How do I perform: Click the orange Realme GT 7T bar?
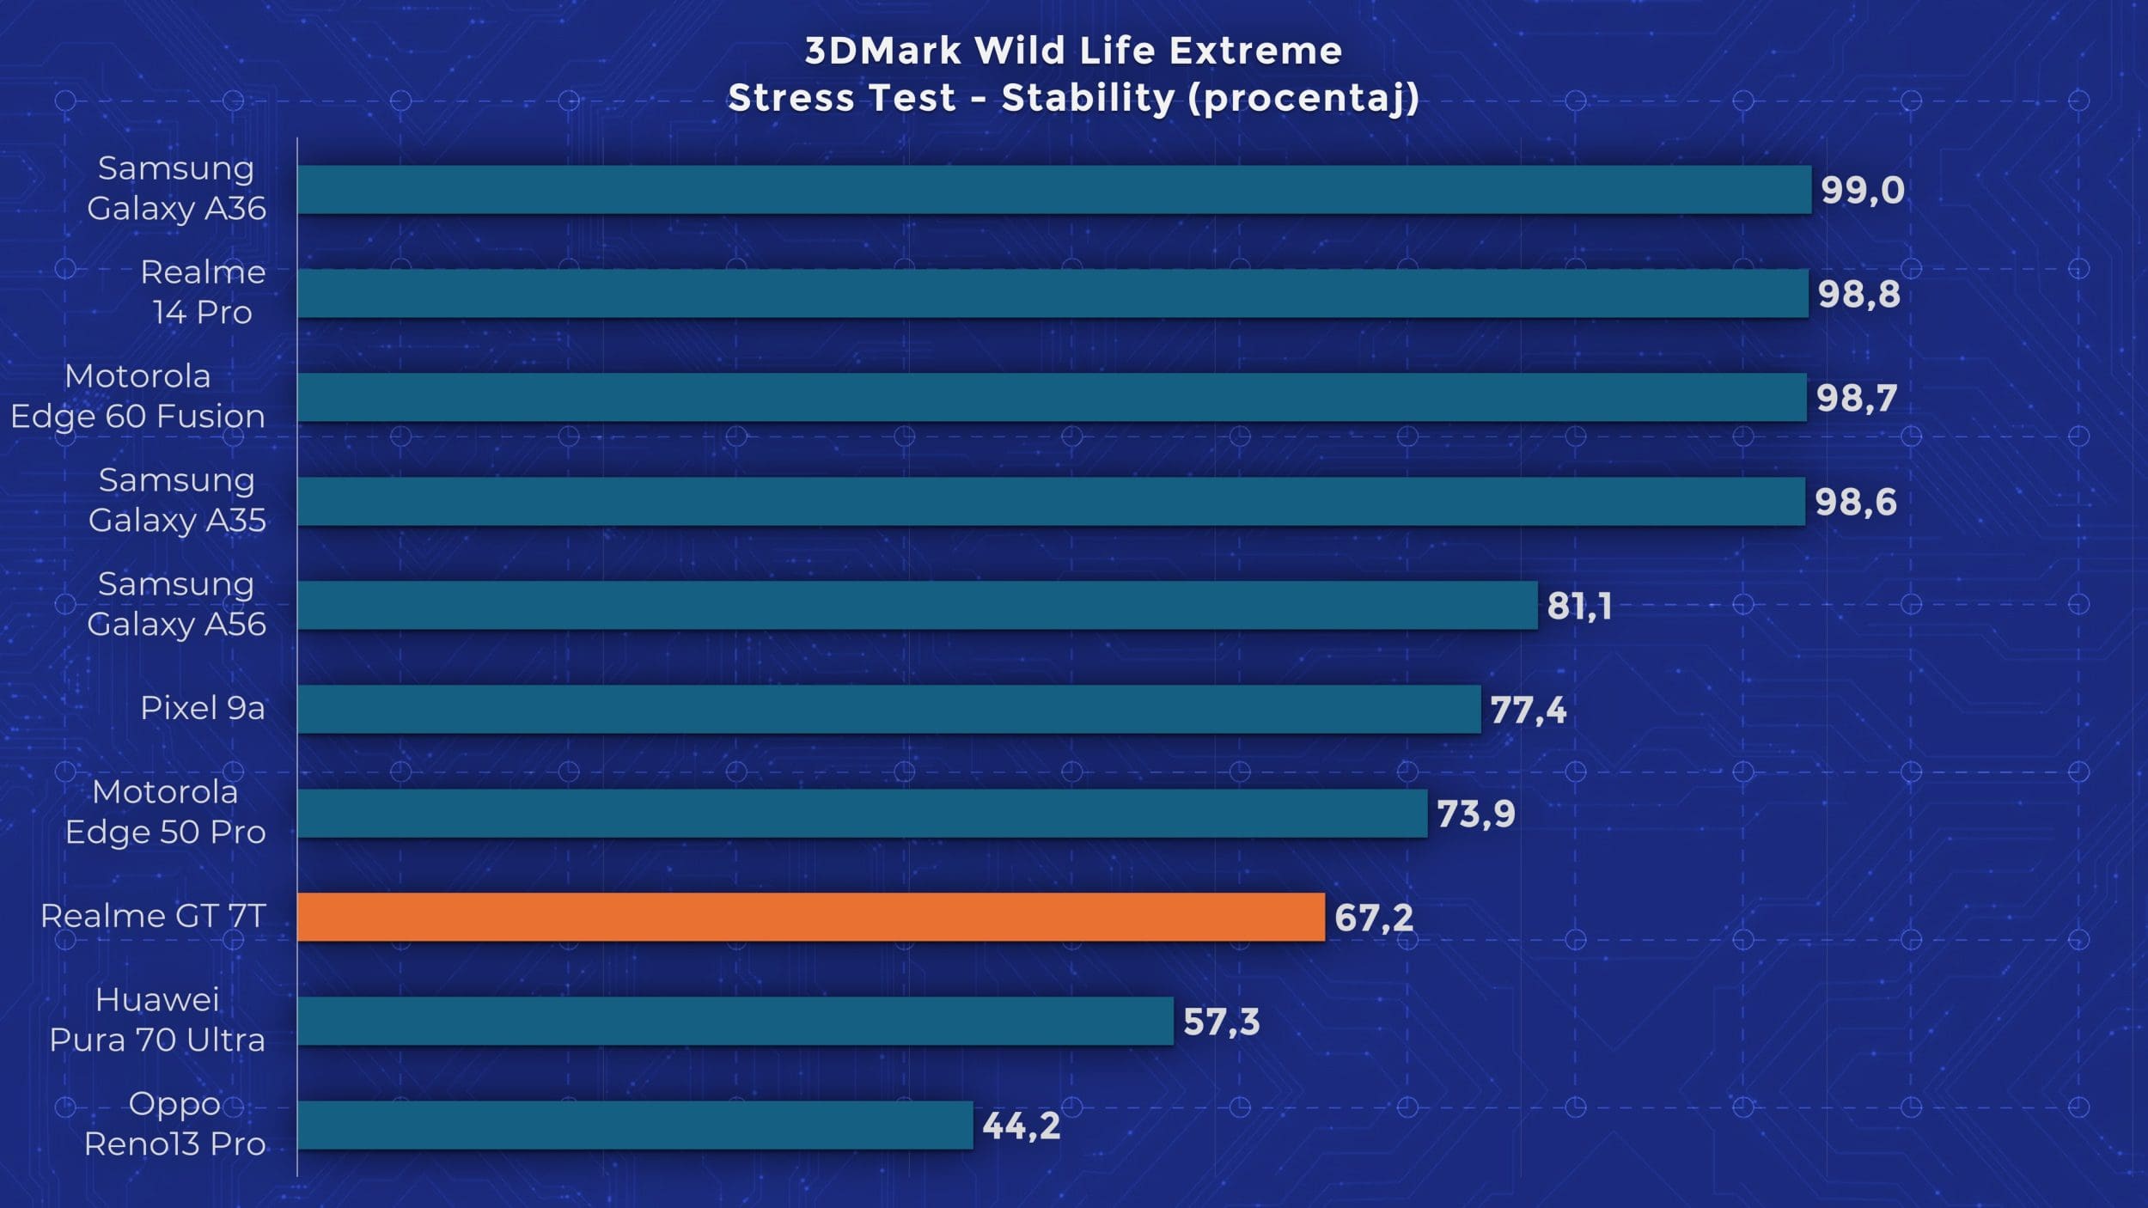pyautogui.click(x=810, y=917)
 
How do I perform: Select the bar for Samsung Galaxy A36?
pyautogui.click(x=1053, y=189)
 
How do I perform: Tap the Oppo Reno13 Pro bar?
pyautogui.click(x=635, y=1125)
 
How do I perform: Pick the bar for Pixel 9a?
pyautogui.click(x=888, y=709)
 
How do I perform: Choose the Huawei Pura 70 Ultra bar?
pyautogui.click(x=735, y=1021)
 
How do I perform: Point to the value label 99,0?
pyautogui.click(x=1862, y=190)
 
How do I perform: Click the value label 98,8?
pyautogui.click(x=1858, y=294)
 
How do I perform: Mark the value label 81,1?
pyautogui.click(x=1579, y=606)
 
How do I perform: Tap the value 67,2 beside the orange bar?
pyautogui.click(x=1373, y=918)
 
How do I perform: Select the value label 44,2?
pyautogui.click(x=1021, y=1126)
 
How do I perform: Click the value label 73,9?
pyautogui.click(x=1475, y=814)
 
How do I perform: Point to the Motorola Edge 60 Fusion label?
pyautogui.click(x=137, y=396)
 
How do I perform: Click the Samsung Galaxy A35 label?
pyautogui.click(x=177, y=500)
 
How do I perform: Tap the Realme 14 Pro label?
pyautogui.click(x=203, y=292)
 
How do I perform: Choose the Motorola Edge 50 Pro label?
pyautogui.click(x=165, y=812)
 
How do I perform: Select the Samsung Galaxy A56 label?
pyautogui.click(x=176, y=604)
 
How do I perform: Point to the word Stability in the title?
pyautogui.click(x=1088, y=98)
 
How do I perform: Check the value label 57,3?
pyautogui.click(x=1221, y=1022)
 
